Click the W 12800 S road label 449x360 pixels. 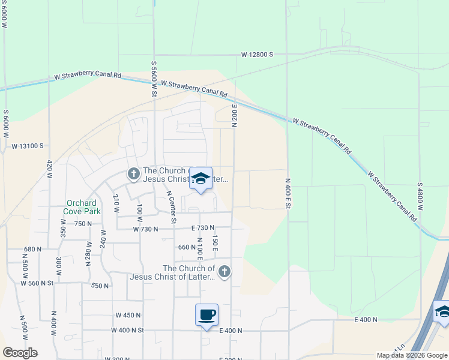point(257,55)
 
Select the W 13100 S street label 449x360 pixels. point(28,146)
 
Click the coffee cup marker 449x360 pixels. point(206,315)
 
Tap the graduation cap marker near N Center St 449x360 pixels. point(201,179)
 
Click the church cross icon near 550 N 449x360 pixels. point(224,272)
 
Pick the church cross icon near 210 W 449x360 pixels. point(133,174)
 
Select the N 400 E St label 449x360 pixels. point(288,193)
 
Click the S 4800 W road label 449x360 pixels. point(421,196)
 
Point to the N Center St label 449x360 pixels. point(171,208)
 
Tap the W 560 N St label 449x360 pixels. point(37,283)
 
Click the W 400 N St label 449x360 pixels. point(128,330)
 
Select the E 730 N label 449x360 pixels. point(202,228)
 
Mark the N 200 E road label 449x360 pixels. point(235,115)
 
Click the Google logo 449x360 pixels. point(20,353)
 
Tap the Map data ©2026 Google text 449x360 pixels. point(412,355)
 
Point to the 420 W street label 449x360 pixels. point(50,170)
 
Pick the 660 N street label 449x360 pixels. point(187,247)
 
